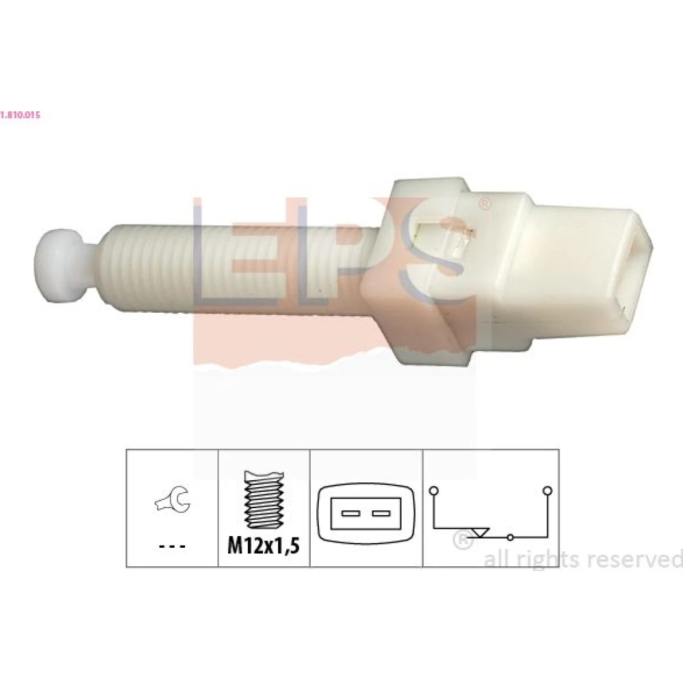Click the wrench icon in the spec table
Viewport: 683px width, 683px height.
[173, 500]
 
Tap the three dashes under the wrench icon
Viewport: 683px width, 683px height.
[173, 546]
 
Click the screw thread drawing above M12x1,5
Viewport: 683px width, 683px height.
[264, 499]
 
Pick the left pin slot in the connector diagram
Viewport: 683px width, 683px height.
[350, 514]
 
